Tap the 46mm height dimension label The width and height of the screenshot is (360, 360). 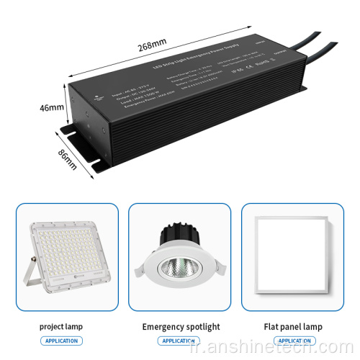tap(51, 108)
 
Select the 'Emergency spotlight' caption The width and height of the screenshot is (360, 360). tap(180, 326)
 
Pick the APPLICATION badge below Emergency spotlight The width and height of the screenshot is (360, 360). tap(180, 341)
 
